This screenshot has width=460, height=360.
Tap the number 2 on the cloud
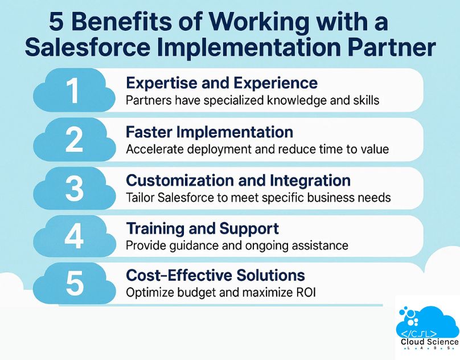[x=74, y=140]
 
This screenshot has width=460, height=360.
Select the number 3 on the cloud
[x=74, y=189]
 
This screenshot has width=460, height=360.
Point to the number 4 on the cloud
[x=74, y=237]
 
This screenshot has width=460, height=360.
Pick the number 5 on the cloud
[x=75, y=284]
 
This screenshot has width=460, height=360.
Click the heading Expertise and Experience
[x=221, y=83]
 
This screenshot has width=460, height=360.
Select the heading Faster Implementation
[x=209, y=132]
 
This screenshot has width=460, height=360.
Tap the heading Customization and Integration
[x=238, y=181]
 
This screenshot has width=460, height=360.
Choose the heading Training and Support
[x=202, y=229]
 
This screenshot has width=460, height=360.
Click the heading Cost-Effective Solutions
[x=215, y=276]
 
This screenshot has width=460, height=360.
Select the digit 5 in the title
[x=56, y=23]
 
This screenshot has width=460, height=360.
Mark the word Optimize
[x=149, y=293]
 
